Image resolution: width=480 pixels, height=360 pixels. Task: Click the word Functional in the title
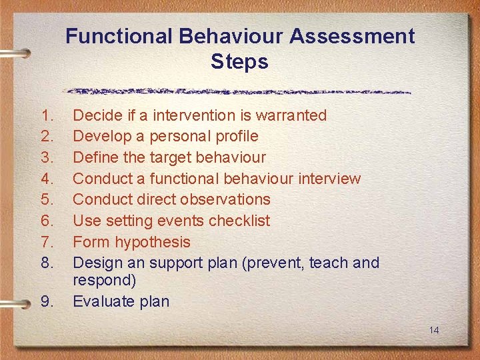pos(117,36)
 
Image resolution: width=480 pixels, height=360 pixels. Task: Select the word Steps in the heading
pos(239,62)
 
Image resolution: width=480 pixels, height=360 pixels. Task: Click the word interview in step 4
pos(328,179)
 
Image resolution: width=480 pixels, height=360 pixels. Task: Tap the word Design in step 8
pos(95,263)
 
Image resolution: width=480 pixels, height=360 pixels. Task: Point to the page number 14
pos(435,331)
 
